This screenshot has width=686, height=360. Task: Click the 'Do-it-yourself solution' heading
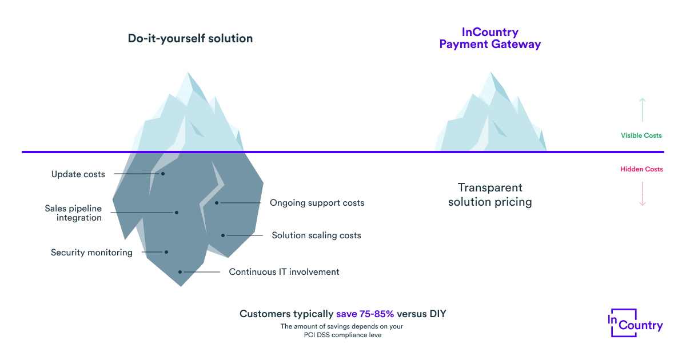190,39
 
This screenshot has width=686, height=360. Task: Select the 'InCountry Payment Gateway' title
490,38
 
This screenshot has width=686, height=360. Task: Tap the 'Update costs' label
78,174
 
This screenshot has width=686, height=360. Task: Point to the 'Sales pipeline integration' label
73,213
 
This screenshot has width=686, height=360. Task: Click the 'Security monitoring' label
91,253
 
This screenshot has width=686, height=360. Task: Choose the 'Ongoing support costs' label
317,203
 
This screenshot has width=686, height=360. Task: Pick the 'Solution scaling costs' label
316,235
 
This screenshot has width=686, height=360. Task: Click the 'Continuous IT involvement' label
284,272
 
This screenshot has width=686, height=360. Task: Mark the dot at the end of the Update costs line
163,174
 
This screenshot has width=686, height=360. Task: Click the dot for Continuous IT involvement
180,272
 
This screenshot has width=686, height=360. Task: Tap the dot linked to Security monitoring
166,252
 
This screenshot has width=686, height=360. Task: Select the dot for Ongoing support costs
217,203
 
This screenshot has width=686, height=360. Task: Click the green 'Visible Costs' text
641,135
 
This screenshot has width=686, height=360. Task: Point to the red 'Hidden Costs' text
641,169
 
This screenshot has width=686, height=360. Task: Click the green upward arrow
643,110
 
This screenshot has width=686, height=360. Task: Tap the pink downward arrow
643,194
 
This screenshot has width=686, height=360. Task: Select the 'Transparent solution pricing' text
490,195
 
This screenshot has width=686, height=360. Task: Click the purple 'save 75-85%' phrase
365,314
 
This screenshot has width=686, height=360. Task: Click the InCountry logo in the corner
636,323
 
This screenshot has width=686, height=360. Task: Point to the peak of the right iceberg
491,72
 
